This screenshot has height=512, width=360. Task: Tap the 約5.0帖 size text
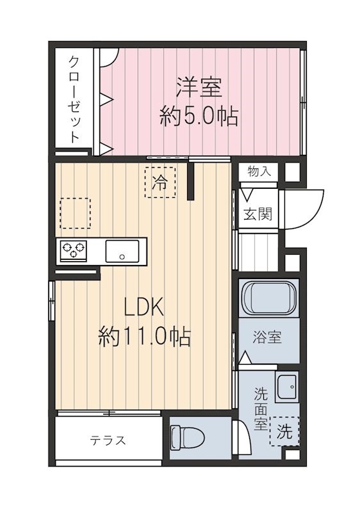tap(199, 116)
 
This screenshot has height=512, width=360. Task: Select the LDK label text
tap(143, 308)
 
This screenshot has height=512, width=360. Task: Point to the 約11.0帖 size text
tap(143, 336)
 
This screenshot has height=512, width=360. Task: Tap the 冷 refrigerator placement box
tap(160, 182)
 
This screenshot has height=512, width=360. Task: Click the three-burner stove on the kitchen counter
tap(74, 250)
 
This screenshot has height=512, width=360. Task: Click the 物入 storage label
tap(259, 172)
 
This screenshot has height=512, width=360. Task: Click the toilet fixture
tap(188, 438)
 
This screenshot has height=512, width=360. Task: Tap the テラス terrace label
tap(107, 441)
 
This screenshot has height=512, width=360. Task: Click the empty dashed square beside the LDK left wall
tap(75, 213)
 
